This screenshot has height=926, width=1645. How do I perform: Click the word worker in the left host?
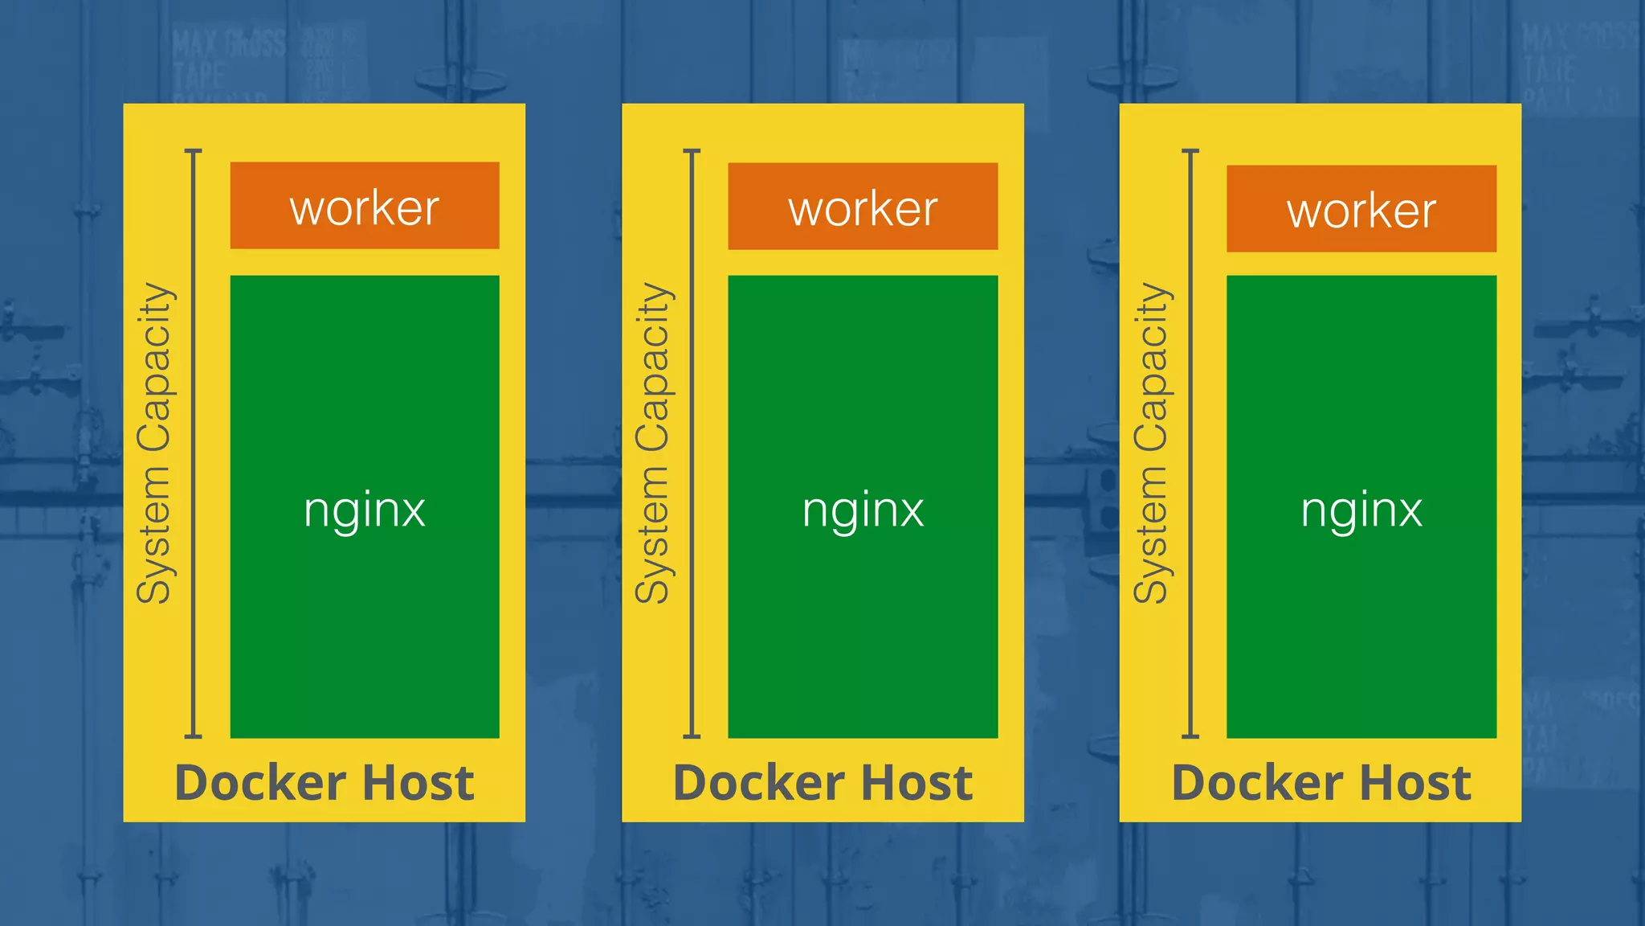[364, 209]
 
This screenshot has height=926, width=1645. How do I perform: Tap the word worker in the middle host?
[863, 210]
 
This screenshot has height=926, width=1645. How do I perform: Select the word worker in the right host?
[1361, 211]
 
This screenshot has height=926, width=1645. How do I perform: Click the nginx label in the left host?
[364, 510]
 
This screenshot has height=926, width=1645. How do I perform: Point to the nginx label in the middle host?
[863, 510]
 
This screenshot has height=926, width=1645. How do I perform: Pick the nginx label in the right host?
[1361, 510]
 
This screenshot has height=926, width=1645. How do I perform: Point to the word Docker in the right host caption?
[1257, 783]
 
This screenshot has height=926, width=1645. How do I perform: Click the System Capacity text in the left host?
[153, 443]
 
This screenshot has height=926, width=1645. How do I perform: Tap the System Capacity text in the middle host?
[652, 443]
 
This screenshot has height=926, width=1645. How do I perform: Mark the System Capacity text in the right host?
[1151, 443]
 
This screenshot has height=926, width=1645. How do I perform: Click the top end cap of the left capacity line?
[193, 150]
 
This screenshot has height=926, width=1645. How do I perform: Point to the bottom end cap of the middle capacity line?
[692, 735]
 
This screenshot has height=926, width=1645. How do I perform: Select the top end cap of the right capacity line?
[1190, 150]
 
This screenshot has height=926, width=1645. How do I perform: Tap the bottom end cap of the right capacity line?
[1190, 735]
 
